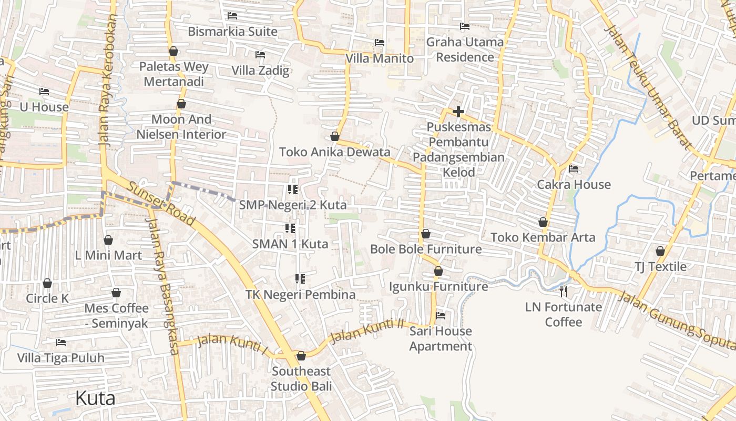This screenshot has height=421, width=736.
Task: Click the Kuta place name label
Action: (x=95, y=398)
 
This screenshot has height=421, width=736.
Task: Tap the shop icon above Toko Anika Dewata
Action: (x=335, y=137)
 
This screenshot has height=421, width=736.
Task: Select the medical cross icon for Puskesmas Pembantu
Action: (x=458, y=112)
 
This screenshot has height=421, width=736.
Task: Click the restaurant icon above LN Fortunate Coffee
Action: (x=564, y=291)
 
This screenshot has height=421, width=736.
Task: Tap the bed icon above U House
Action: (x=44, y=92)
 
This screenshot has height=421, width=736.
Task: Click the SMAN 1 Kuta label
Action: (x=290, y=244)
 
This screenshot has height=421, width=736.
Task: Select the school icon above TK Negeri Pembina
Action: (x=300, y=279)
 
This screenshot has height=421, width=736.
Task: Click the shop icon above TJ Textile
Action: (x=660, y=251)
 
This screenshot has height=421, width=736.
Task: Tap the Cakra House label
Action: (x=574, y=184)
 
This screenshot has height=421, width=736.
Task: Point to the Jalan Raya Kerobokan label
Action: (x=107, y=79)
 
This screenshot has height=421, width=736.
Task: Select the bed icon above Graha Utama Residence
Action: (x=465, y=26)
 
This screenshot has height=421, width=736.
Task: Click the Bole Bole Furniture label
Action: (x=426, y=249)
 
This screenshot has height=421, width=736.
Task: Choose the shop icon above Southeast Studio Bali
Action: (x=301, y=356)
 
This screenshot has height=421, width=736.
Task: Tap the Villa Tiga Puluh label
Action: (x=61, y=358)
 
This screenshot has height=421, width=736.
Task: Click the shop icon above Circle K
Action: (x=47, y=283)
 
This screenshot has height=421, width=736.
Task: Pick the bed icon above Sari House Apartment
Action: (x=441, y=316)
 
